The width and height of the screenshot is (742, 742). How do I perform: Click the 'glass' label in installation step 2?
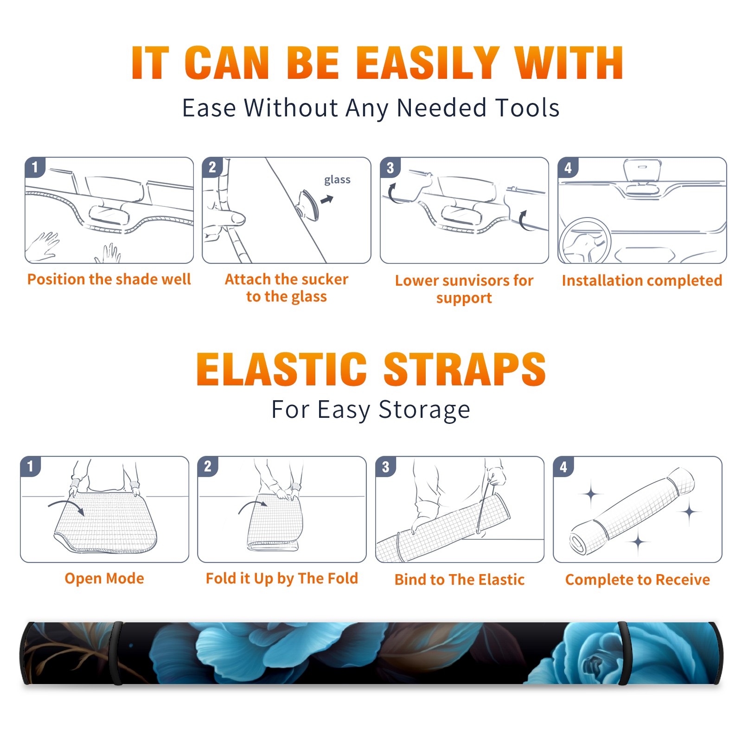(x=337, y=180)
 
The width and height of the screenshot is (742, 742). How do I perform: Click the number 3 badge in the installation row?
(x=390, y=167)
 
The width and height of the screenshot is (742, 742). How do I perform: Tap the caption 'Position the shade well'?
(x=109, y=279)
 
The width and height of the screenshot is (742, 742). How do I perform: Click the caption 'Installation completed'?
(x=642, y=281)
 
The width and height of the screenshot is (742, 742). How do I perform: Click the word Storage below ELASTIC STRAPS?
(x=424, y=410)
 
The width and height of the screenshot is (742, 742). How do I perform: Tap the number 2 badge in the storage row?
(x=208, y=466)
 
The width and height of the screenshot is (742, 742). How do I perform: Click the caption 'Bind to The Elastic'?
(x=459, y=580)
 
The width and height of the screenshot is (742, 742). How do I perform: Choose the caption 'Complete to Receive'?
(x=638, y=580)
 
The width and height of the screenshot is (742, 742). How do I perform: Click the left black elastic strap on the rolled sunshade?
(x=118, y=653)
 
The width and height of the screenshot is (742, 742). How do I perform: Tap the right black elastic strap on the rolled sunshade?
(x=624, y=653)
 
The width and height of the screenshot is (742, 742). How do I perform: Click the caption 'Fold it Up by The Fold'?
(x=282, y=578)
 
